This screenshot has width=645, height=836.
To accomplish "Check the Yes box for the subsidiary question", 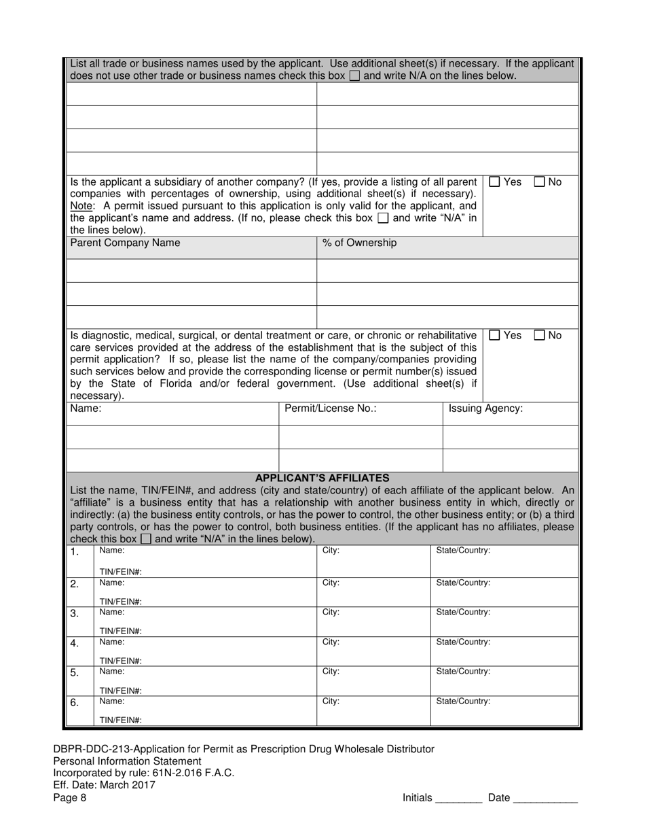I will coord(495,182).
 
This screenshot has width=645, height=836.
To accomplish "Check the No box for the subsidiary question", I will coord(539,182).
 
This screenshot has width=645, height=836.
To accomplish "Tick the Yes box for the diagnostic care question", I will coord(495,335).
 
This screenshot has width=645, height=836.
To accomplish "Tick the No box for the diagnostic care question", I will coord(539,335).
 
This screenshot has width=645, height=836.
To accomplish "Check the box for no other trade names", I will coord(354,76).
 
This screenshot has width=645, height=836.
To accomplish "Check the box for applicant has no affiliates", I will coord(146,540).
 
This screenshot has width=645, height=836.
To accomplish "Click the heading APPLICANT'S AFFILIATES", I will coord(322,478).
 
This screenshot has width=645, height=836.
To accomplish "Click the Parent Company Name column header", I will coord(126,243).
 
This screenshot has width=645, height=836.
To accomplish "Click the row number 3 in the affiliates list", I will coord(75,614).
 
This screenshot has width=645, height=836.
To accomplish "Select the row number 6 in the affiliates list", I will coord(75,703).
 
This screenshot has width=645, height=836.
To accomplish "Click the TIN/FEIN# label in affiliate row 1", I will coord(120,572).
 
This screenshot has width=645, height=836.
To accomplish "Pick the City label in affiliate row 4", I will coord(331,642).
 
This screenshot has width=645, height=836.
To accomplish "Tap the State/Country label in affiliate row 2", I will coord(463,582).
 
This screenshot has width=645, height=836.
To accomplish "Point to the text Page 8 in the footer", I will coord(70,798).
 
